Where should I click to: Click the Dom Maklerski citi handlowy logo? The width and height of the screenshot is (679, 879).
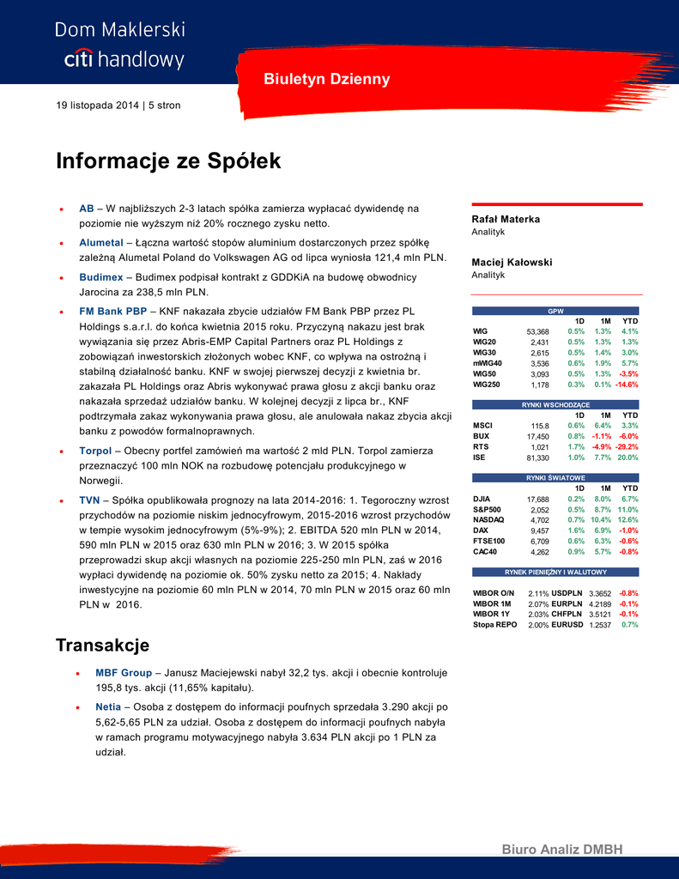(x=120, y=45)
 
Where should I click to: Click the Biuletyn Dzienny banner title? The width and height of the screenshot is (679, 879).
(x=326, y=79)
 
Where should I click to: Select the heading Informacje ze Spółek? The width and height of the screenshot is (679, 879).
(x=168, y=161)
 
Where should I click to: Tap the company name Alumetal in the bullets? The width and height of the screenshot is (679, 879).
(x=101, y=243)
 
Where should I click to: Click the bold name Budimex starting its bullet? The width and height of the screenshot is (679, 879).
(x=101, y=277)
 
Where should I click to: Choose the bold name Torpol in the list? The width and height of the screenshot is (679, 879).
(x=94, y=450)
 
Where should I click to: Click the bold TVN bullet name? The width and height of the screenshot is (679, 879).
(x=89, y=500)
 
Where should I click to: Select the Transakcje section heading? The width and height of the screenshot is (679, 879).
(x=103, y=645)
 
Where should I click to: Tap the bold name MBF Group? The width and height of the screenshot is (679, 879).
(x=124, y=673)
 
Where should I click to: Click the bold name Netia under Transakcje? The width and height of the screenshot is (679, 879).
(x=109, y=706)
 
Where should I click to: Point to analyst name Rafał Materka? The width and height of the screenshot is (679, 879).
(x=506, y=219)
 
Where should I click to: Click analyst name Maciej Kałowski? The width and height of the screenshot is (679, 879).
(x=512, y=262)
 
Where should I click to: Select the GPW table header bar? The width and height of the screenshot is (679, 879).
(x=556, y=311)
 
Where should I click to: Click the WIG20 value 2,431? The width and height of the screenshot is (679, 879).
(x=539, y=342)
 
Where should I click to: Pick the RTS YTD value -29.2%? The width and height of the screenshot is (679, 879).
(x=627, y=447)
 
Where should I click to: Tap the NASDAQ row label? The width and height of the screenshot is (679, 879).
(x=488, y=519)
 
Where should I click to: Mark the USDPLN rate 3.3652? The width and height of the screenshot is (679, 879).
(x=600, y=593)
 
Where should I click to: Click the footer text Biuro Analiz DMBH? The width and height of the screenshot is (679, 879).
(x=561, y=849)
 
